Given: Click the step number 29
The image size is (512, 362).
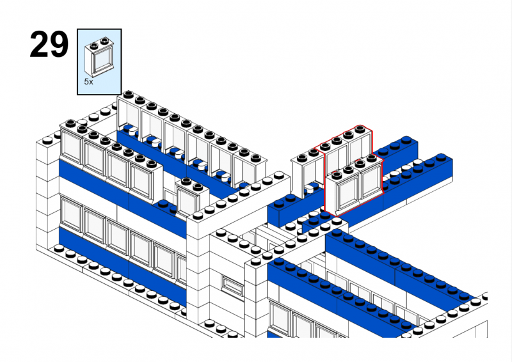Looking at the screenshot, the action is click(x=49, y=44).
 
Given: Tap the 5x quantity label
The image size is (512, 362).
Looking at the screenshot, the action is click(x=88, y=82).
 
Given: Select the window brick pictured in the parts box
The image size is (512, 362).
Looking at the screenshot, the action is click(x=100, y=58).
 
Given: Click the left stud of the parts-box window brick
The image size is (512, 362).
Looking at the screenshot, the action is click(x=95, y=45).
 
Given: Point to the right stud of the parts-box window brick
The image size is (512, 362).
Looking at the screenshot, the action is click(x=105, y=41).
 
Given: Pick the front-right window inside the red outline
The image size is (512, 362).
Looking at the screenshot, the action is click(x=371, y=182).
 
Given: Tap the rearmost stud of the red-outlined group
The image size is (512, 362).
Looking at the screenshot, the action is click(x=360, y=129).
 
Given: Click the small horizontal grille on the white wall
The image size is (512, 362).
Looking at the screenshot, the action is click(x=232, y=285).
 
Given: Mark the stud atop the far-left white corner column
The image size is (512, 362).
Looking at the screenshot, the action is click(x=47, y=141).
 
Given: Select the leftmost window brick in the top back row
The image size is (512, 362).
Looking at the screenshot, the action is click(x=129, y=116).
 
